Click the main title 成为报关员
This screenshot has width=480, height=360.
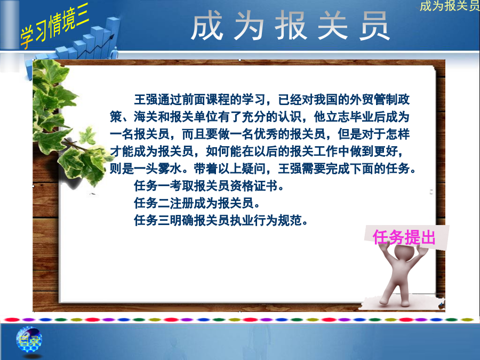[290, 26]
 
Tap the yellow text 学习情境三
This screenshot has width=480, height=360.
[54, 26]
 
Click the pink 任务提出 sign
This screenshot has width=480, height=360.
[404, 237]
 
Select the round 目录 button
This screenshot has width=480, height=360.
[29, 340]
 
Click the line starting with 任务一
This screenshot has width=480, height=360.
[209, 186]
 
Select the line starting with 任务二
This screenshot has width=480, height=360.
[197, 203]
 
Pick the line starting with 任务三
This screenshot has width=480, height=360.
[221, 220]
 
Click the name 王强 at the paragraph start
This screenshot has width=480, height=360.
[146, 100]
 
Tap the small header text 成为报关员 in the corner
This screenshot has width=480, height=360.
[450, 5]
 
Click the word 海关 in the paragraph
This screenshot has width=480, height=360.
[146, 117]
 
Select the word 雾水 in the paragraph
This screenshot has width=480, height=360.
[170, 169]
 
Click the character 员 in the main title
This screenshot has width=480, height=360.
[374, 26]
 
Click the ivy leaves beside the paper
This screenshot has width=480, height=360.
[67, 123]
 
